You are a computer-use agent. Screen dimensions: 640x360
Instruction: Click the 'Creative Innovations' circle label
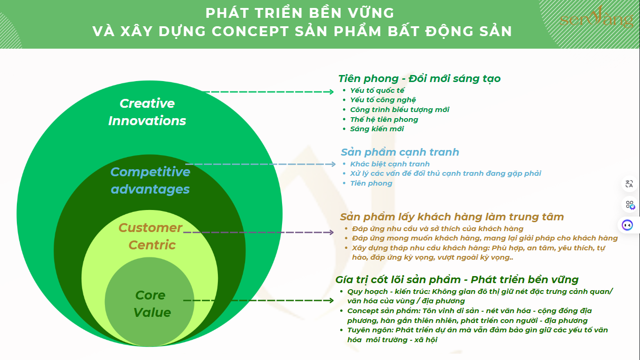point(147,112)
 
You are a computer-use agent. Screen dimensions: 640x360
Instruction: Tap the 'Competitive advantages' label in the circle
point(150,180)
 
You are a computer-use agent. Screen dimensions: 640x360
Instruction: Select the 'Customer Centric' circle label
point(150,236)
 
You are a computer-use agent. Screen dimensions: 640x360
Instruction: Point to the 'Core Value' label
point(152,304)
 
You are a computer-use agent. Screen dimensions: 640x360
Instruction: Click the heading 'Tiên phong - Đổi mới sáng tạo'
point(419,78)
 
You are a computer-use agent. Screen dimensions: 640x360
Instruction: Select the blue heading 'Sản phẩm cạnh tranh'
point(400,152)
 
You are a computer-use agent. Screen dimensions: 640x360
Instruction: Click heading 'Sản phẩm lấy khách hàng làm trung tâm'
point(452,217)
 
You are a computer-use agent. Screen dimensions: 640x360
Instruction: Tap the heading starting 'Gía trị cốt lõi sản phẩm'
point(457,279)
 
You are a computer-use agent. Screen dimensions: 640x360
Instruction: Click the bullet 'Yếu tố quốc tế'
point(377,90)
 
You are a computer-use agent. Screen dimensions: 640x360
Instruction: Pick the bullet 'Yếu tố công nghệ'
point(383,100)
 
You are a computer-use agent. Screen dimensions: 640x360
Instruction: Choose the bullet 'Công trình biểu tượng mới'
point(400,110)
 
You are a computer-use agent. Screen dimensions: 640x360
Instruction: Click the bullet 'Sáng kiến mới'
point(377,129)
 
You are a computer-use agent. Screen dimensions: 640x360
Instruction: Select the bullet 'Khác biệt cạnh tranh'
point(390,164)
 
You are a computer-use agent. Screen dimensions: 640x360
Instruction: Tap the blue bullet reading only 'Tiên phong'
point(371,183)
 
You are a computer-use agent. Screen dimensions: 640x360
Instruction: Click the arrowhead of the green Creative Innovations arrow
point(331,92)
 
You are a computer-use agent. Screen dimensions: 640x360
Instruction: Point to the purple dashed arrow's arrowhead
point(331,232)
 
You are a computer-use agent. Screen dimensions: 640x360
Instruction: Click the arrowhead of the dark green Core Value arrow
point(331,300)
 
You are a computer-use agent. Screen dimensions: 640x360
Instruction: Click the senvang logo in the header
point(596,17)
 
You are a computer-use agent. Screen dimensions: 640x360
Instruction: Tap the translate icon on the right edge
point(629,184)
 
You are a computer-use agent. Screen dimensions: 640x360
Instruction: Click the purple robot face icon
point(627,225)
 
